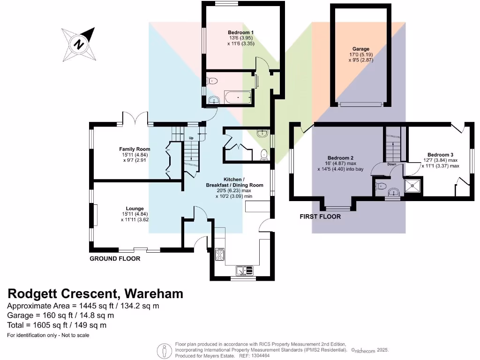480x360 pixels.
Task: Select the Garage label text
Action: (x=361, y=49)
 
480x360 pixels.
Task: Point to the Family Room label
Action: (x=135, y=149)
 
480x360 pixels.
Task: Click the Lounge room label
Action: (x=135, y=209)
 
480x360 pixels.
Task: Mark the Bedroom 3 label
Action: (x=440, y=155)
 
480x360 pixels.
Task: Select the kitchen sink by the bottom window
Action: (x=244, y=270)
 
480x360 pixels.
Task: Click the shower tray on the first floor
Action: (x=413, y=185)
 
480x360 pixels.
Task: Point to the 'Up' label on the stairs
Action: (x=191, y=137)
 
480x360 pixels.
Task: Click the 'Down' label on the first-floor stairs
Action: (x=392, y=165)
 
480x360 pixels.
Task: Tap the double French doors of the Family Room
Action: (x=136, y=119)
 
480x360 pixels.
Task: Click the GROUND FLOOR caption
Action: (x=115, y=258)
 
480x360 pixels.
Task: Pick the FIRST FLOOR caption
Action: (x=320, y=217)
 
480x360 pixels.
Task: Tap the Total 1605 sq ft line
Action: (x=57, y=325)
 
